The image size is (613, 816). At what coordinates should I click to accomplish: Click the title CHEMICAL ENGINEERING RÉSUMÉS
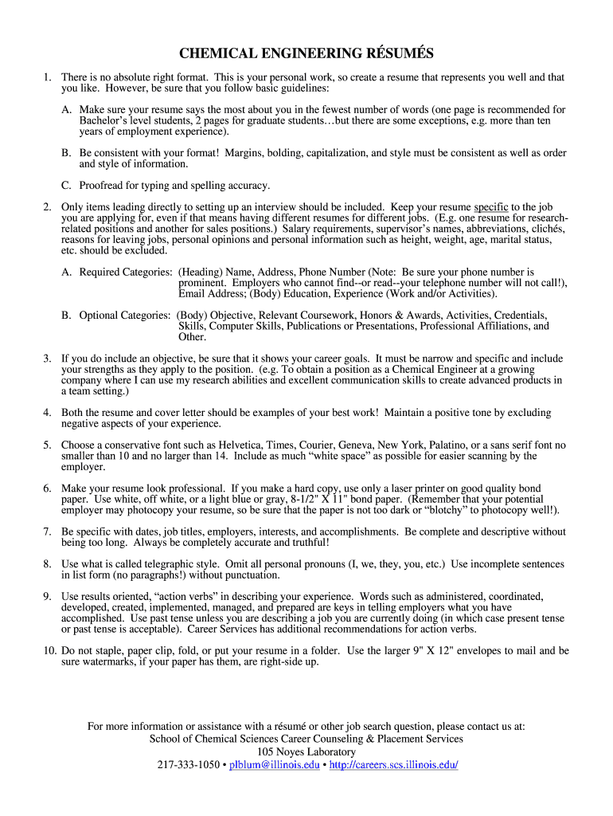click(306, 54)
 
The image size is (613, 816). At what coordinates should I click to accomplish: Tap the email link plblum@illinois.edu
click(275, 765)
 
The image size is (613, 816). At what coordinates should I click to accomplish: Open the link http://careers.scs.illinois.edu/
click(394, 765)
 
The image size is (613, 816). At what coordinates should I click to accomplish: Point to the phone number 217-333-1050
click(188, 765)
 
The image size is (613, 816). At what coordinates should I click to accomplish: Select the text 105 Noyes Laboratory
click(306, 751)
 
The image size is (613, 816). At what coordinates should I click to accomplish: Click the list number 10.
click(49, 651)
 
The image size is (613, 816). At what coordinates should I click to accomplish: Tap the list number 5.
click(48, 445)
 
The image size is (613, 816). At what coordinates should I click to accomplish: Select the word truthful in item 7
click(304, 543)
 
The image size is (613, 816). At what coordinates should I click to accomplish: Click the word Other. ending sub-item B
click(193, 337)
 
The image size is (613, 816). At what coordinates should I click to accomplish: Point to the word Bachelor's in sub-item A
click(104, 120)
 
